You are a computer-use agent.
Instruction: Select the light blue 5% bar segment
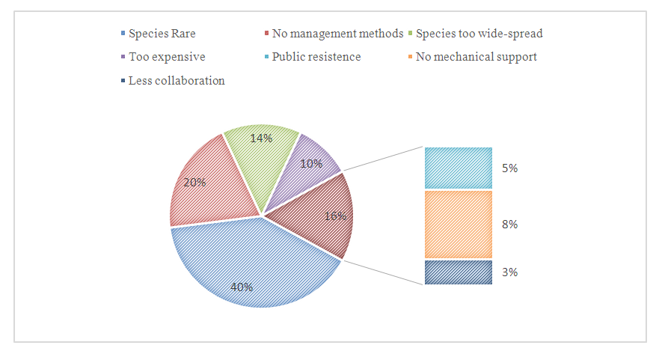pyautogui.click(x=458, y=168)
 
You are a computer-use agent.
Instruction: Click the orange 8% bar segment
pyautogui.click(x=458, y=225)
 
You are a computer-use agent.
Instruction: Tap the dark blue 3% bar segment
pyautogui.click(x=458, y=272)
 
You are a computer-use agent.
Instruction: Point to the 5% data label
pyautogui.click(x=511, y=168)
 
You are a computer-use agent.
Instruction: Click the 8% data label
pyautogui.click(x=511, y=225)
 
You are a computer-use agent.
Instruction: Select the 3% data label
pyautogui.click(x=511, y=272)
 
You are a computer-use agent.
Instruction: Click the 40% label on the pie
pyautogui.click(x=241, y=287)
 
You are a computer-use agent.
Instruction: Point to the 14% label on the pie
pyautogui.click(x=262, y=138)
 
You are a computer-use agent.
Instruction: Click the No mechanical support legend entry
pyautogui.click(x=476, y=57)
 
